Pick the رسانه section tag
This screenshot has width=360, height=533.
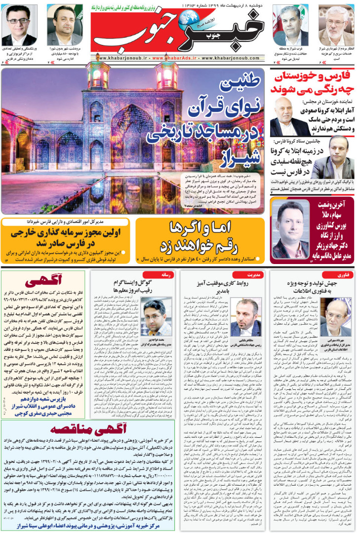pyautogui.click(x=165, y=274)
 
